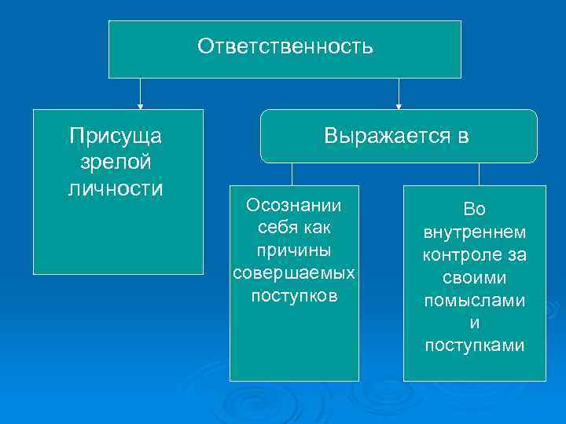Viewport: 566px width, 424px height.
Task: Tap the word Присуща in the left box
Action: (x=116, y=137)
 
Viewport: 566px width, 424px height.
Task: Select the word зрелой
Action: (x=116, y=163)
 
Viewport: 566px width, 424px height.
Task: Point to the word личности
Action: (x=116, y=188)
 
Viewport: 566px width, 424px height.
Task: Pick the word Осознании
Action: (x=294, y=206)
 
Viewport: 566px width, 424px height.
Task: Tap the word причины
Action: (x=294, y=250)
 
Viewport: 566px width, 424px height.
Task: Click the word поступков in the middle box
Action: (x=294, y=296)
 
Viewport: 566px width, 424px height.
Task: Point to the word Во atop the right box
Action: (x=475, y=210)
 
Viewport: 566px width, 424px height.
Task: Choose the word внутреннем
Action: (x=475, y=233)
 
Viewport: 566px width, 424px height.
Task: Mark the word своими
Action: (x=475, y=279)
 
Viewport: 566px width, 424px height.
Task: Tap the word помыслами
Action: (x=475, y=302)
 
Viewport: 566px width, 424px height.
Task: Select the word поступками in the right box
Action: (x=475, y=346)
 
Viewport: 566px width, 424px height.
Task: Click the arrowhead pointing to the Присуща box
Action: (x=141, y=104)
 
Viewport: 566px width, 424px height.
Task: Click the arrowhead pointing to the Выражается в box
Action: (x=399, y=104)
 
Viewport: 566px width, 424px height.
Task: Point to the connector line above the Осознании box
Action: (x=292, y=174)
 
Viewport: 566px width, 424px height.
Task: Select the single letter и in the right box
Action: (x=475, y=323)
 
